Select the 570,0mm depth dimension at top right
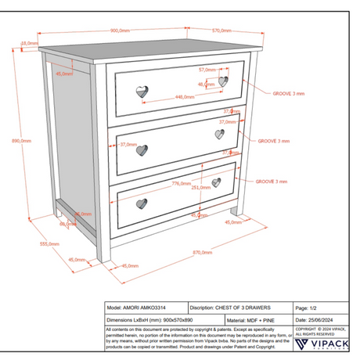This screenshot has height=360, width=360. (222, 30)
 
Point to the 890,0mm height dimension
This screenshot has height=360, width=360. (20, 141)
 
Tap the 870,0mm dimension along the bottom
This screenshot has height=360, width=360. (202, 252)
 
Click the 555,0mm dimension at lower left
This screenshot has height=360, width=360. (49, 244)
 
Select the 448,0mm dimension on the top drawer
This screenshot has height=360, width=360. (185, 97)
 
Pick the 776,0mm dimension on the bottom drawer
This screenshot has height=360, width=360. (181, 184)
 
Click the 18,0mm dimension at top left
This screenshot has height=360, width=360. (29, 43)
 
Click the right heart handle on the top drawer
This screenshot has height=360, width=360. (224, 81)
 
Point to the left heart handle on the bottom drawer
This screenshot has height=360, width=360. (142, 203)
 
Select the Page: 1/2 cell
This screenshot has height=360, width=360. (307, 309)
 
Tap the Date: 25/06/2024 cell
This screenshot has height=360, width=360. (318, 320)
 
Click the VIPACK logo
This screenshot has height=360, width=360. (322, 343)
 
